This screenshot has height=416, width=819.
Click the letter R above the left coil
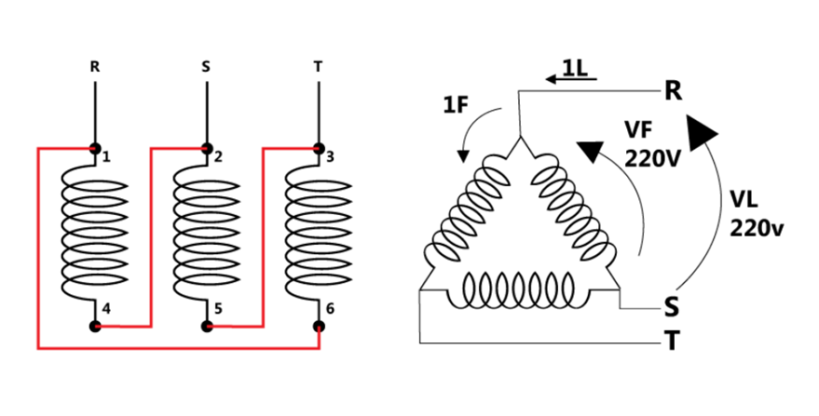(94, 67)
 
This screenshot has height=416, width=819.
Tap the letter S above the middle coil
(206, 67)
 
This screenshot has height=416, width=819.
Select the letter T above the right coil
(318, 67)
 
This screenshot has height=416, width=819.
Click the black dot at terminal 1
(94, 148)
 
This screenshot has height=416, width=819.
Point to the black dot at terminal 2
(207, 148)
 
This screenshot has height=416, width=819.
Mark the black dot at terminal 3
(319, 148)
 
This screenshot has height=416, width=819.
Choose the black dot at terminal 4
(94, 327)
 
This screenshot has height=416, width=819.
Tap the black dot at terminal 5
(207, 327)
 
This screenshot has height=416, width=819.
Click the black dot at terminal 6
(319, 327)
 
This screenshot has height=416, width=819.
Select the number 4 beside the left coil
(106, 309)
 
